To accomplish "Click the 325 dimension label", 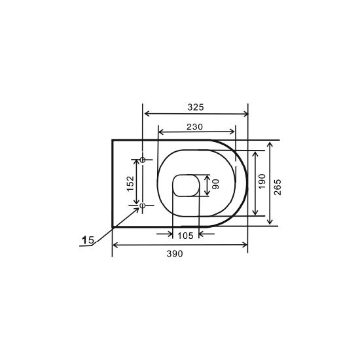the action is point(196,107).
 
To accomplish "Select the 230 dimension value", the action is point(194,127).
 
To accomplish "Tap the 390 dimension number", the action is point(175,254).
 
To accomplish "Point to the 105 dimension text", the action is point(185,236).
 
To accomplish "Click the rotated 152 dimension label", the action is point(130,183).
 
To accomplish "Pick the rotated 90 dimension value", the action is point(215,184).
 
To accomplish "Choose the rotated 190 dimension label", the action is point(262,181).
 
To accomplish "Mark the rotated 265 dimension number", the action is point(278,187).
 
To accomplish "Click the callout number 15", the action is point(88,240).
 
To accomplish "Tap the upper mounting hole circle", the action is point(143,160).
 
